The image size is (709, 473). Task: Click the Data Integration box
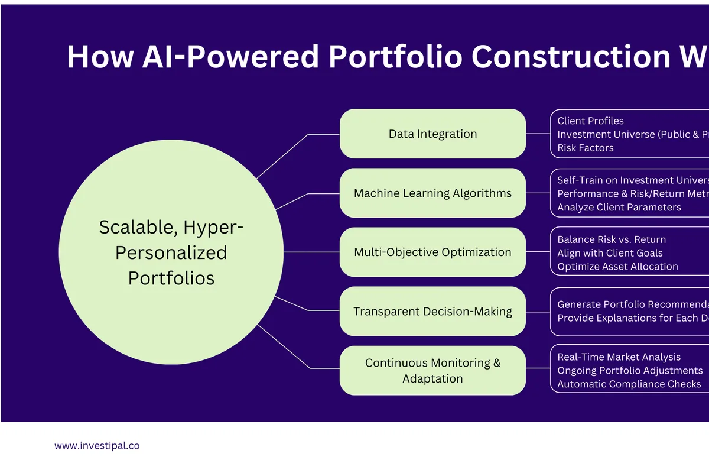pos(432,134)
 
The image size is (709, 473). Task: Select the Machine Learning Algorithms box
pos(432,193)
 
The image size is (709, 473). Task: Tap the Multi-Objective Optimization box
pos(432,252)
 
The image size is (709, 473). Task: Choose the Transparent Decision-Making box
pos(432,311)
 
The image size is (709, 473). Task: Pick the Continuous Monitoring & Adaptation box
pos(432,370)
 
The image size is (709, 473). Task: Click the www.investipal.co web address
pos(97,446)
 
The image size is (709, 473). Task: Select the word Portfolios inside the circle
pos(171,278)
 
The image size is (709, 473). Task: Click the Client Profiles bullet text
pos(590,121)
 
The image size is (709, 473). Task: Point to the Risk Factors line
pos(586,148)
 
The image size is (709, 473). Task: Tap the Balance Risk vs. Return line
pos(612,239)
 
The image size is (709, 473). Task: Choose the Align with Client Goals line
pos(610,253)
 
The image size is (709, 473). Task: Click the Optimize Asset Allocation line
pos(617,266)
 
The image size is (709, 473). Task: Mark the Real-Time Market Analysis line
pos(619,357)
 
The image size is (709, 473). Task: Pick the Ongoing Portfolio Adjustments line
pos(630,371)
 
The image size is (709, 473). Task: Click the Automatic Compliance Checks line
pos(629,384)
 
